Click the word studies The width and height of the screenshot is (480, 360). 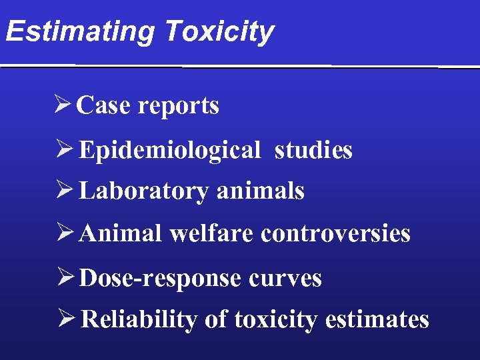click(313, 150)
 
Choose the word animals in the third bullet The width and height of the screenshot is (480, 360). click(261, 191)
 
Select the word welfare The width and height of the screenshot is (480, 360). click(213, 233)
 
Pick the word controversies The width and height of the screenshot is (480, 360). click(335, 233)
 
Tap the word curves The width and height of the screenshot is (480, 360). click(284, 278)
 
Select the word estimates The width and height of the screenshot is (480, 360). click(377, 320)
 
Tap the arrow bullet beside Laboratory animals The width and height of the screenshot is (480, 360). click(64, 191)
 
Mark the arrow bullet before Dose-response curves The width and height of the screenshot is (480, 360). click(64, 277)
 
